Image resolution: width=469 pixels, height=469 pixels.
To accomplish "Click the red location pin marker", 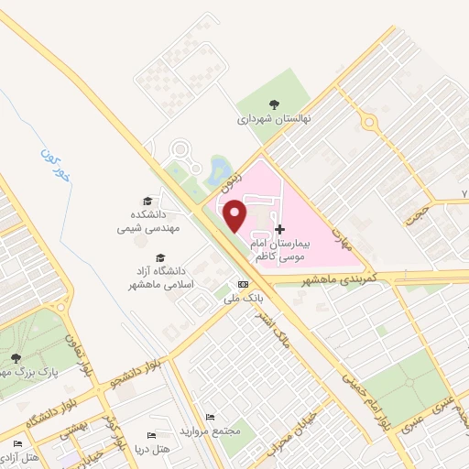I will coord(235,214).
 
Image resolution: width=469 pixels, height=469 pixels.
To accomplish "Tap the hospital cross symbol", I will coord(279,228).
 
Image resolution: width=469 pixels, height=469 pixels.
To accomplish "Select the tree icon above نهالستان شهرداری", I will coord(275,104).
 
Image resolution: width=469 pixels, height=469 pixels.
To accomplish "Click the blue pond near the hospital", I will coord(219,169).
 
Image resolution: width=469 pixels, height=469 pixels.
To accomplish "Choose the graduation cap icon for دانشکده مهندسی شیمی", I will coord(147,201).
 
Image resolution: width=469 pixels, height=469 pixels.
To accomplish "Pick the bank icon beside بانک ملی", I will coord(242,284).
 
